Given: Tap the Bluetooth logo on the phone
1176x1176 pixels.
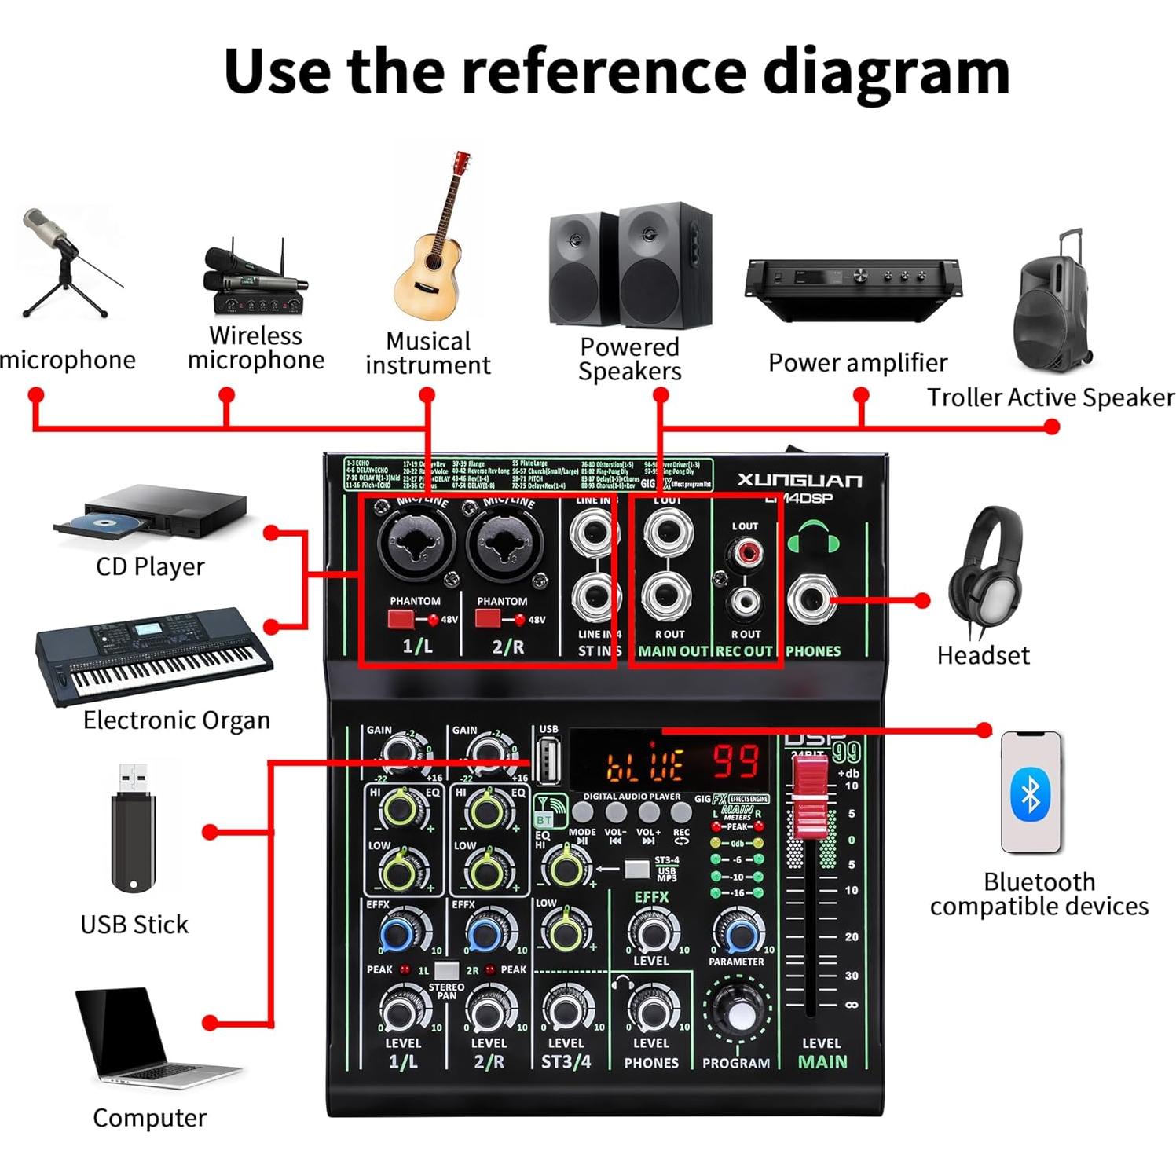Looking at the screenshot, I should coord(1030,794).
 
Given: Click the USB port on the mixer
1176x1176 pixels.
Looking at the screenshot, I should coord(548,760).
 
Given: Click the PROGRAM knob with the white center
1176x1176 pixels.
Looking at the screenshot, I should coord(738,1014).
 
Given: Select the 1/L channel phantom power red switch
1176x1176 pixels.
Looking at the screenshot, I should coord(401,619).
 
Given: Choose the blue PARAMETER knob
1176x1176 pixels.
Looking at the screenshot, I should coord(739,933).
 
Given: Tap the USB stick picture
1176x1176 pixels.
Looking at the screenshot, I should coord(134,833).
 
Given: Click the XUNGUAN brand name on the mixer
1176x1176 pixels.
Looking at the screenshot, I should coord(800,480).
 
